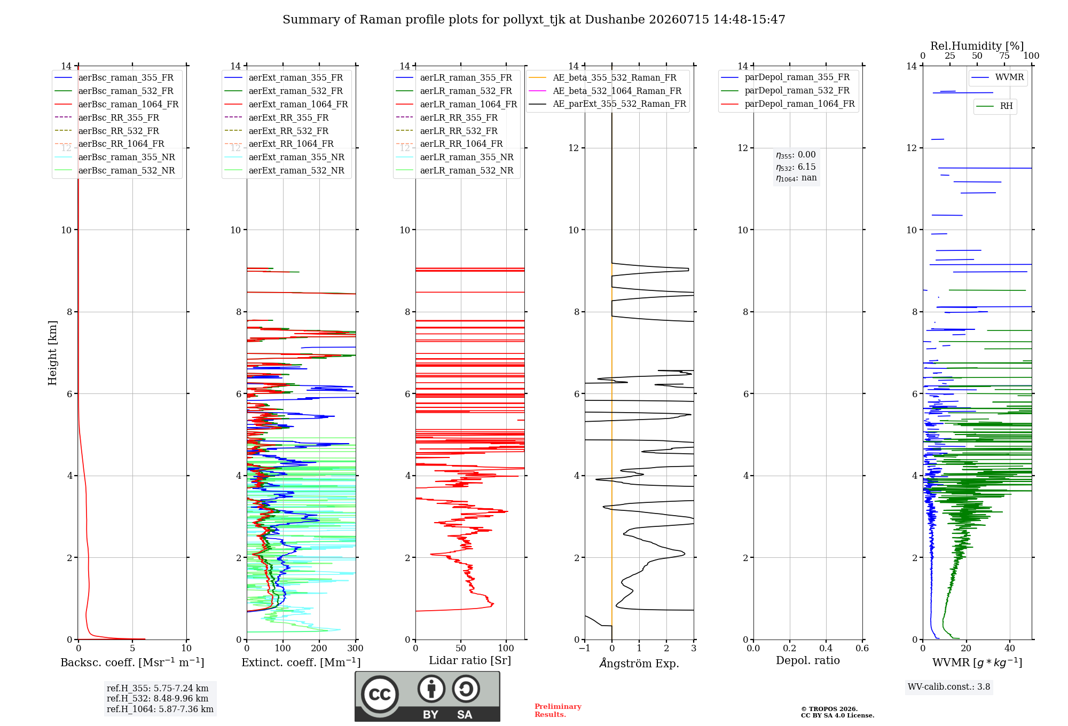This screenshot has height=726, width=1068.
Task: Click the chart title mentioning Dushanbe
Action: pos(534,20)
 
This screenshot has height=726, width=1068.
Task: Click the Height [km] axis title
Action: pos(52,353)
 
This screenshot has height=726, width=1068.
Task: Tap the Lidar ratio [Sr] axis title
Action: pos(470,661)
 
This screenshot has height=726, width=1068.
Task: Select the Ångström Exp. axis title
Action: pos(639,663)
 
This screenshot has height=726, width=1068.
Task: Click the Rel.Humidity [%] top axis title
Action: pos(977,46)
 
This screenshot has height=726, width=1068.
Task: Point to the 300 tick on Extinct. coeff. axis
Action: pos(356,649)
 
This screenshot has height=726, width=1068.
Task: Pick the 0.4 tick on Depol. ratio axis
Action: pos(826,649)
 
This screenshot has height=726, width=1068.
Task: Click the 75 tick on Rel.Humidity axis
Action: pos(1004,56)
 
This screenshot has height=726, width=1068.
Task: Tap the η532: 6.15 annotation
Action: pos(796,167)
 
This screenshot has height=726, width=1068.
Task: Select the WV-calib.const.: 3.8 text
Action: pos(949,687)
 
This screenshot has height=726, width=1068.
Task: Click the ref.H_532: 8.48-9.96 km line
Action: pos(158,699)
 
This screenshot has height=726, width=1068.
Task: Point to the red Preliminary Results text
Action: pos(558,711)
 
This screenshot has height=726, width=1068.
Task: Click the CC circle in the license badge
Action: pos(380,695)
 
